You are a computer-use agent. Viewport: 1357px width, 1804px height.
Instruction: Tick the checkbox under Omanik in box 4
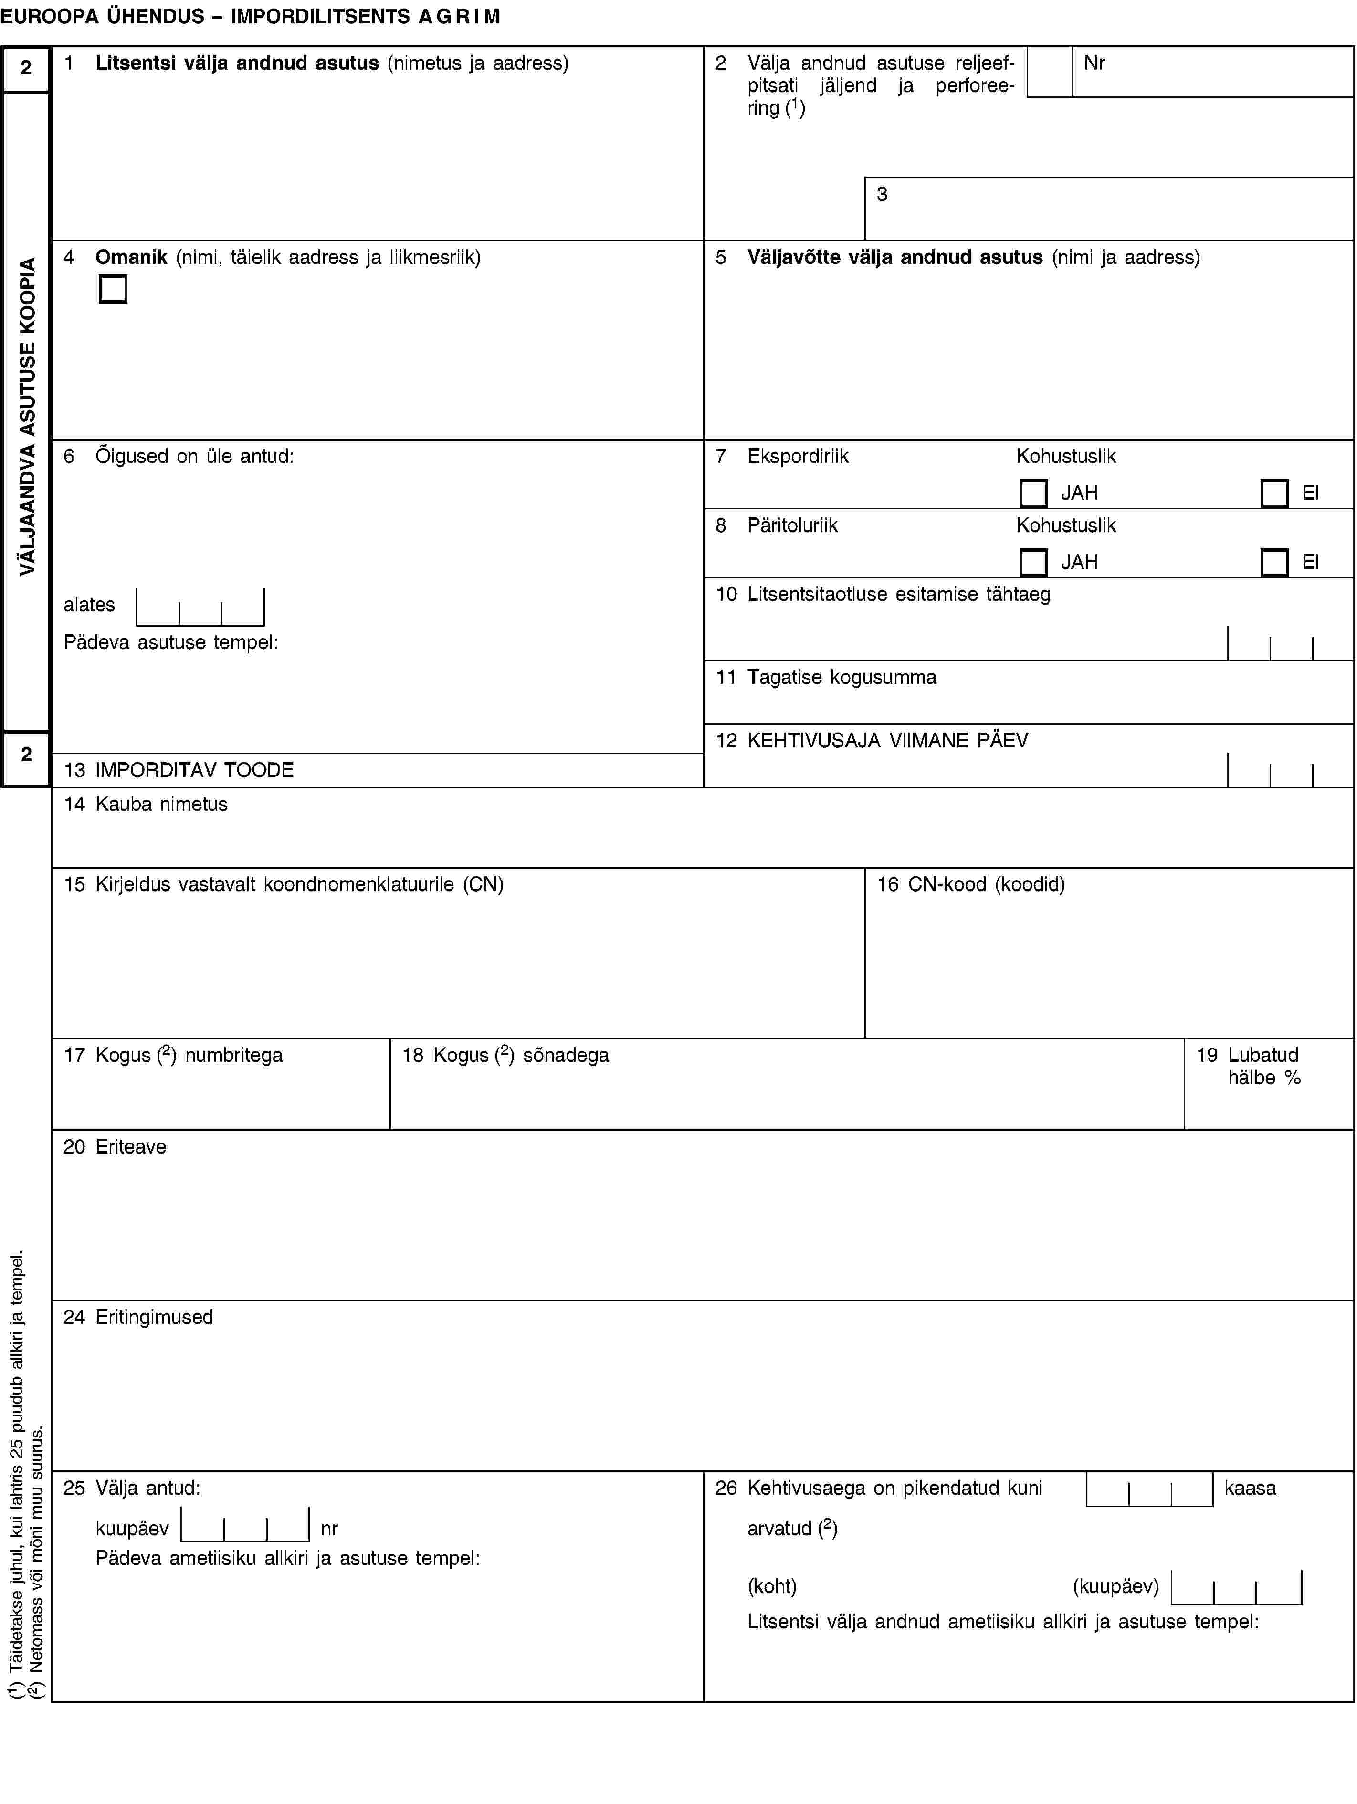113,289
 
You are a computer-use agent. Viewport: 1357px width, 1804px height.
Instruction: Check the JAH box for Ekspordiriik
1033,493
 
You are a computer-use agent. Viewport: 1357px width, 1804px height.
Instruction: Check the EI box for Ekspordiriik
1274,493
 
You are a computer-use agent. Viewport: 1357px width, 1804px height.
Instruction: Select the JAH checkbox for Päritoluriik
1033,563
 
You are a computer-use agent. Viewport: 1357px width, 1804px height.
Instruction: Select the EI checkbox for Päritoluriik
1274,563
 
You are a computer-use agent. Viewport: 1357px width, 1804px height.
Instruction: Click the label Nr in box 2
1094,63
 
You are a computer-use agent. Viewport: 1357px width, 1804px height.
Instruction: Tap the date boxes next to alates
200,607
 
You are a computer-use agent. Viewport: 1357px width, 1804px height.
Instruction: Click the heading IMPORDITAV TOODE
194,770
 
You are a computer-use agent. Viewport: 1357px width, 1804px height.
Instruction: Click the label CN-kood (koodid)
986,884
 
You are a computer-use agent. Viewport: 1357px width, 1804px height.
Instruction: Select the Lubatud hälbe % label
1263,1066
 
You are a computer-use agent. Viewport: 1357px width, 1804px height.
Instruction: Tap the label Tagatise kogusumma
842,677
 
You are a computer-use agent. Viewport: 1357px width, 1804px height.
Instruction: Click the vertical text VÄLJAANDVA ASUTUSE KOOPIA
28,416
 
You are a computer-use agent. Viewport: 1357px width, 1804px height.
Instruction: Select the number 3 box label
882,194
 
